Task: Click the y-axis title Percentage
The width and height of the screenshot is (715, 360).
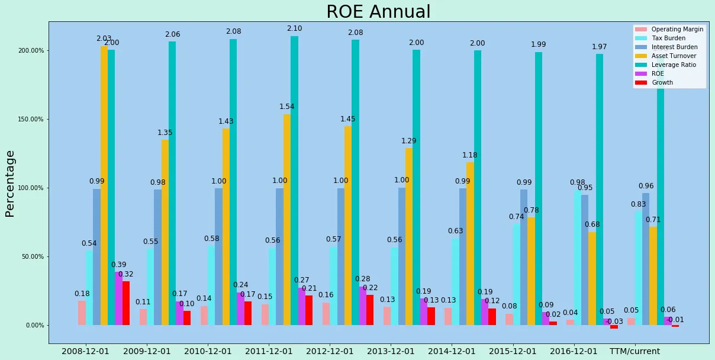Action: [x=10, y=184]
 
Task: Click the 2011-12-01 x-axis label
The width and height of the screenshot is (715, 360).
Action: [x=269, y=351]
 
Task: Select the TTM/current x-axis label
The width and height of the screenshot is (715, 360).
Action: [x=635, y=351]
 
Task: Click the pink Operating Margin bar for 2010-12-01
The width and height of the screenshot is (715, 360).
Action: [x=204, y=316]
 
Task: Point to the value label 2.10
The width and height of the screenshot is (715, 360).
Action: [x=294, y=28]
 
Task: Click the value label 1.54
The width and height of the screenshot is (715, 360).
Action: [x=287, y=107]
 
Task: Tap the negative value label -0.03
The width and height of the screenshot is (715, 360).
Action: [x=615, y=322]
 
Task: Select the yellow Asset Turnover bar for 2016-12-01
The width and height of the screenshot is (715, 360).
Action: [x=592, y=278]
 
